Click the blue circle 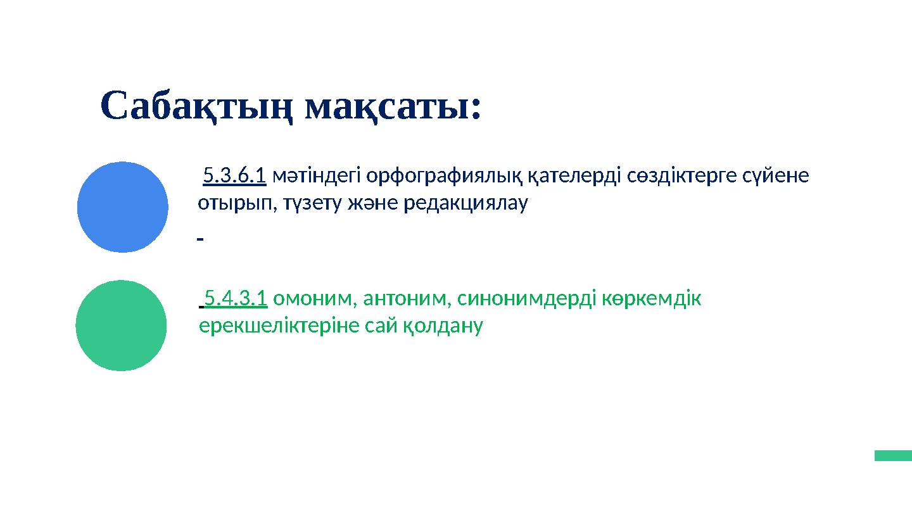pos(123,207)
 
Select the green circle pos(121,326)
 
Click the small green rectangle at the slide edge pos(893,455)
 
